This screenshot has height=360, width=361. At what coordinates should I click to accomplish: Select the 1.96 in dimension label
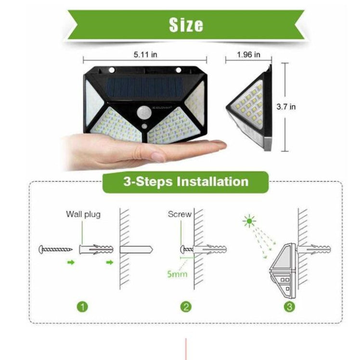pos(248,54)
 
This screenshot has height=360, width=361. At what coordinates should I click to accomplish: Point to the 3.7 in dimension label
pos(299,107)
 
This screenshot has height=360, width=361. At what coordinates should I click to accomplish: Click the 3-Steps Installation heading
pos(186,181)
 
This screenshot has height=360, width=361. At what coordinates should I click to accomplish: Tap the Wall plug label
pos(83,214)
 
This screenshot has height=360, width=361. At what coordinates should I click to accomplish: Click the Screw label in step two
pos(180,214)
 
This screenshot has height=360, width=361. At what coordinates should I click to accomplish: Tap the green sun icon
pos(249,222)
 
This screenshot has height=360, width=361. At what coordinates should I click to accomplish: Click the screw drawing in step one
pos(55,250)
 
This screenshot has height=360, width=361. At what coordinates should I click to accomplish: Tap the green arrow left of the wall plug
pos(71,263)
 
